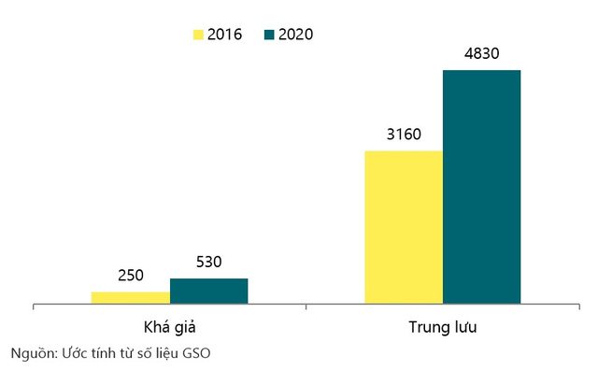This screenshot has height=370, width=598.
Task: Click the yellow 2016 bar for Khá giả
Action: click(131, 297)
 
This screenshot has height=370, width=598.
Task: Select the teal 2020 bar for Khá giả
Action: click(208, 291)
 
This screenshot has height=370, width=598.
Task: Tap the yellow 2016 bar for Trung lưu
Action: click(404, 227)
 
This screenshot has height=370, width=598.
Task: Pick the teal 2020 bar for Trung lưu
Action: click(481, 187)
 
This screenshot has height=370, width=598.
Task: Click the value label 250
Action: click(131, 276)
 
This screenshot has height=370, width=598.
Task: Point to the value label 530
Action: click(208, 263)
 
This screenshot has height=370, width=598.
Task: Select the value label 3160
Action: click(404, 135)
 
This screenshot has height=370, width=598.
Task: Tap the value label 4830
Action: click(481, 53)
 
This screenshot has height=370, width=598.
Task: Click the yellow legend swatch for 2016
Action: click(198, 35)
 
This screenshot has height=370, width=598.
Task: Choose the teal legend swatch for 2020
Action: click(269, 35)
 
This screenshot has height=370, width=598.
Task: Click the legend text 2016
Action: click(225, 35)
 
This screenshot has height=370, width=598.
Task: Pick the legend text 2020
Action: click(296, 35)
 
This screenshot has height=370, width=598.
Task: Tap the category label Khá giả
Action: click(169, 328)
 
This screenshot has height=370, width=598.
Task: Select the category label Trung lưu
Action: click(443, 328)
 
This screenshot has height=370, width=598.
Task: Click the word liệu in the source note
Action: click(175, 353)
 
